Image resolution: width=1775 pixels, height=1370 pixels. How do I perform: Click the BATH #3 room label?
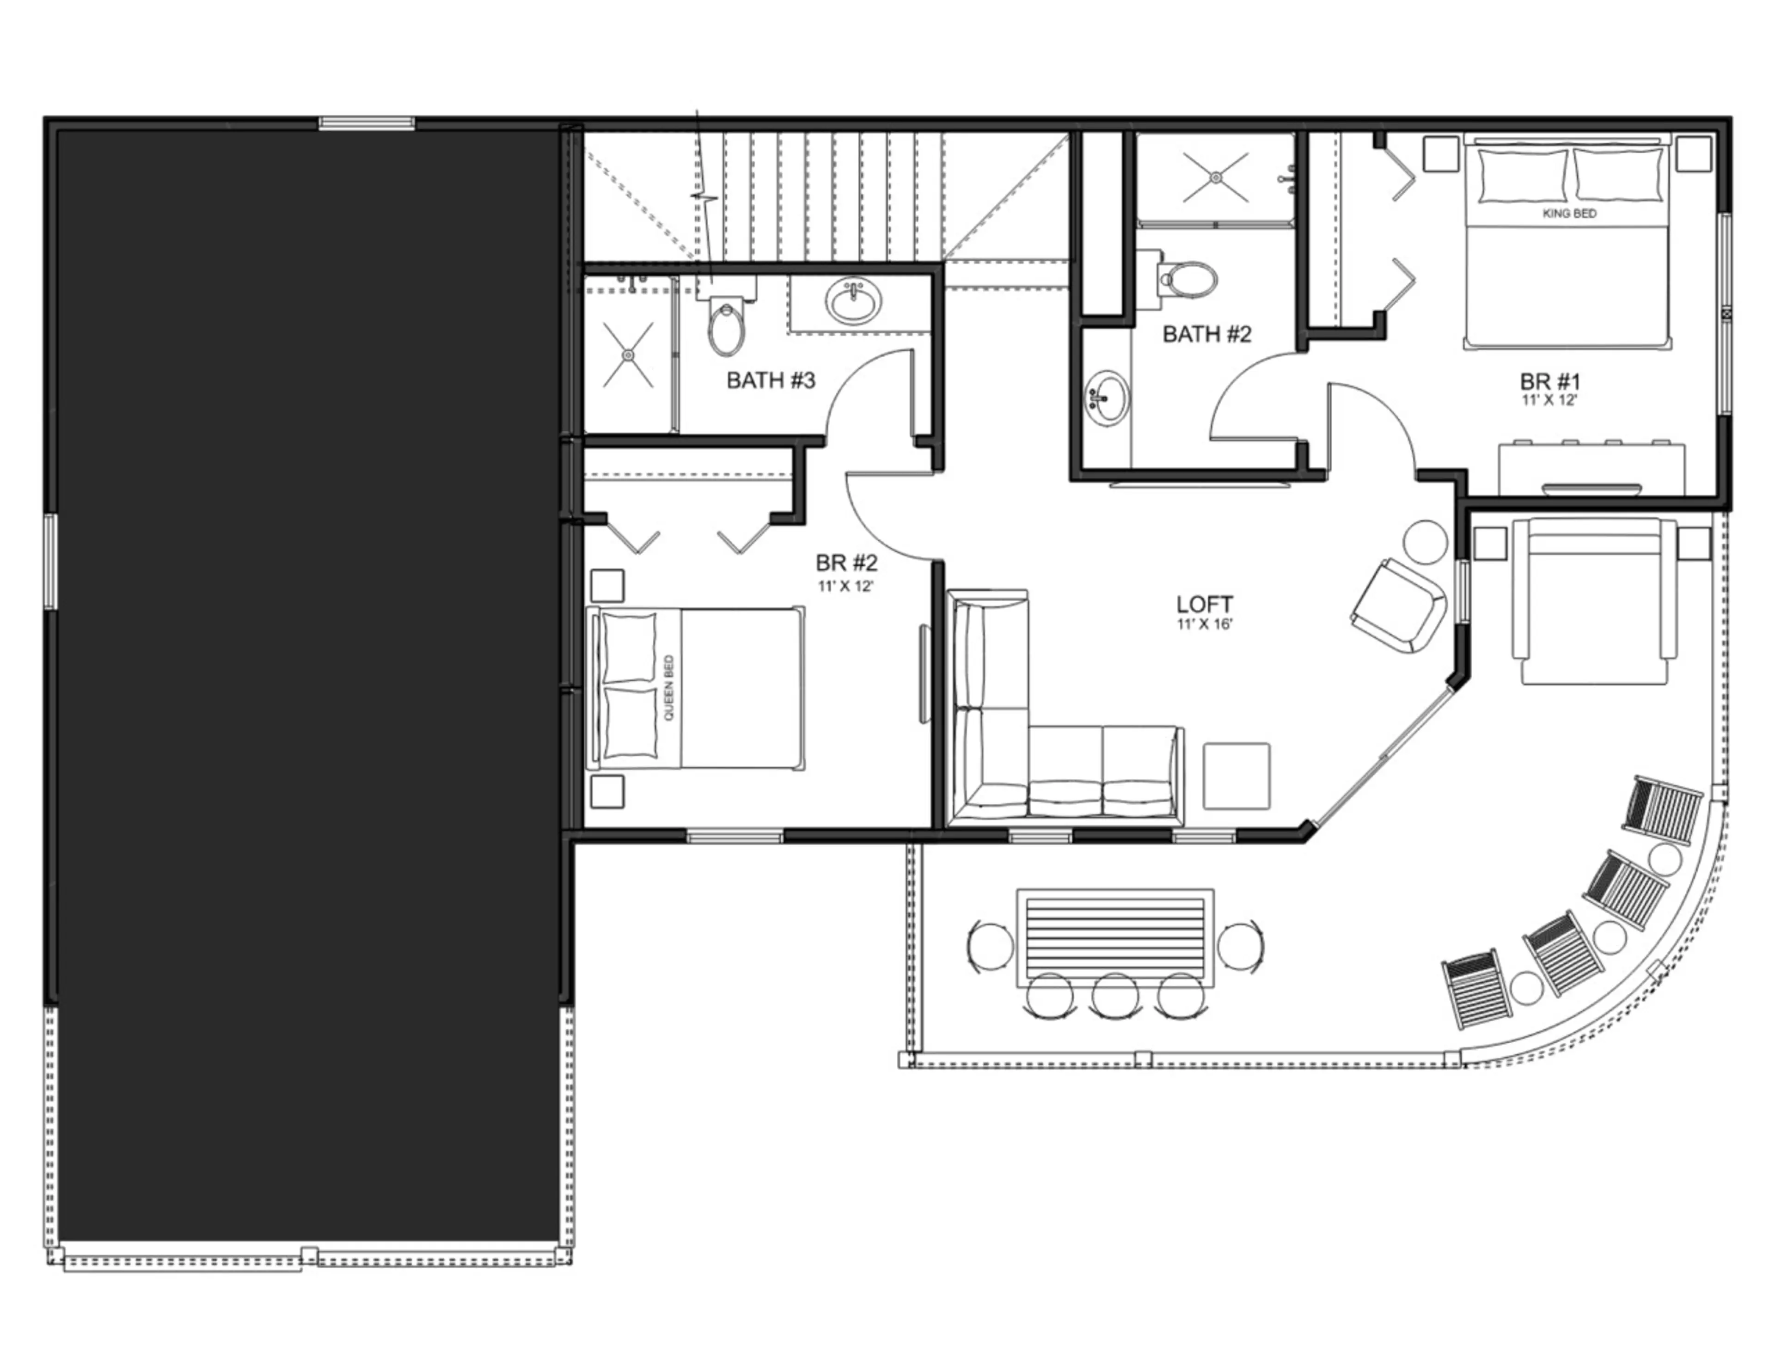tap(771, 380)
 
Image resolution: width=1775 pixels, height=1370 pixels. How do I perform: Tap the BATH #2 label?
tap(1207, 334)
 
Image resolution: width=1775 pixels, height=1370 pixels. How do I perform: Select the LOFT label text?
tap(1205, 605)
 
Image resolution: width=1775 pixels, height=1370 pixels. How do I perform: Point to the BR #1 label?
tap(1550, 382)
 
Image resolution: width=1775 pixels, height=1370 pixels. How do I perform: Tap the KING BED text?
tap(1569, 214)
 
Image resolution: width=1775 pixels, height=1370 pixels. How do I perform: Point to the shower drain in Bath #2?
tap(1215, 177)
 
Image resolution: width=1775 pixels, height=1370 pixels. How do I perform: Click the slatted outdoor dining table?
tap(1116, 938)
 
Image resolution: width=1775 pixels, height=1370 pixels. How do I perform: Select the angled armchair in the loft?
tap(1400, 606)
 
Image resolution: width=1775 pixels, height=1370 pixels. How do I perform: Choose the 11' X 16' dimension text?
tap(1205, 624)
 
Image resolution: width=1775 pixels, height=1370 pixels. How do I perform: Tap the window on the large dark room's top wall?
tap(367, 123)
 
